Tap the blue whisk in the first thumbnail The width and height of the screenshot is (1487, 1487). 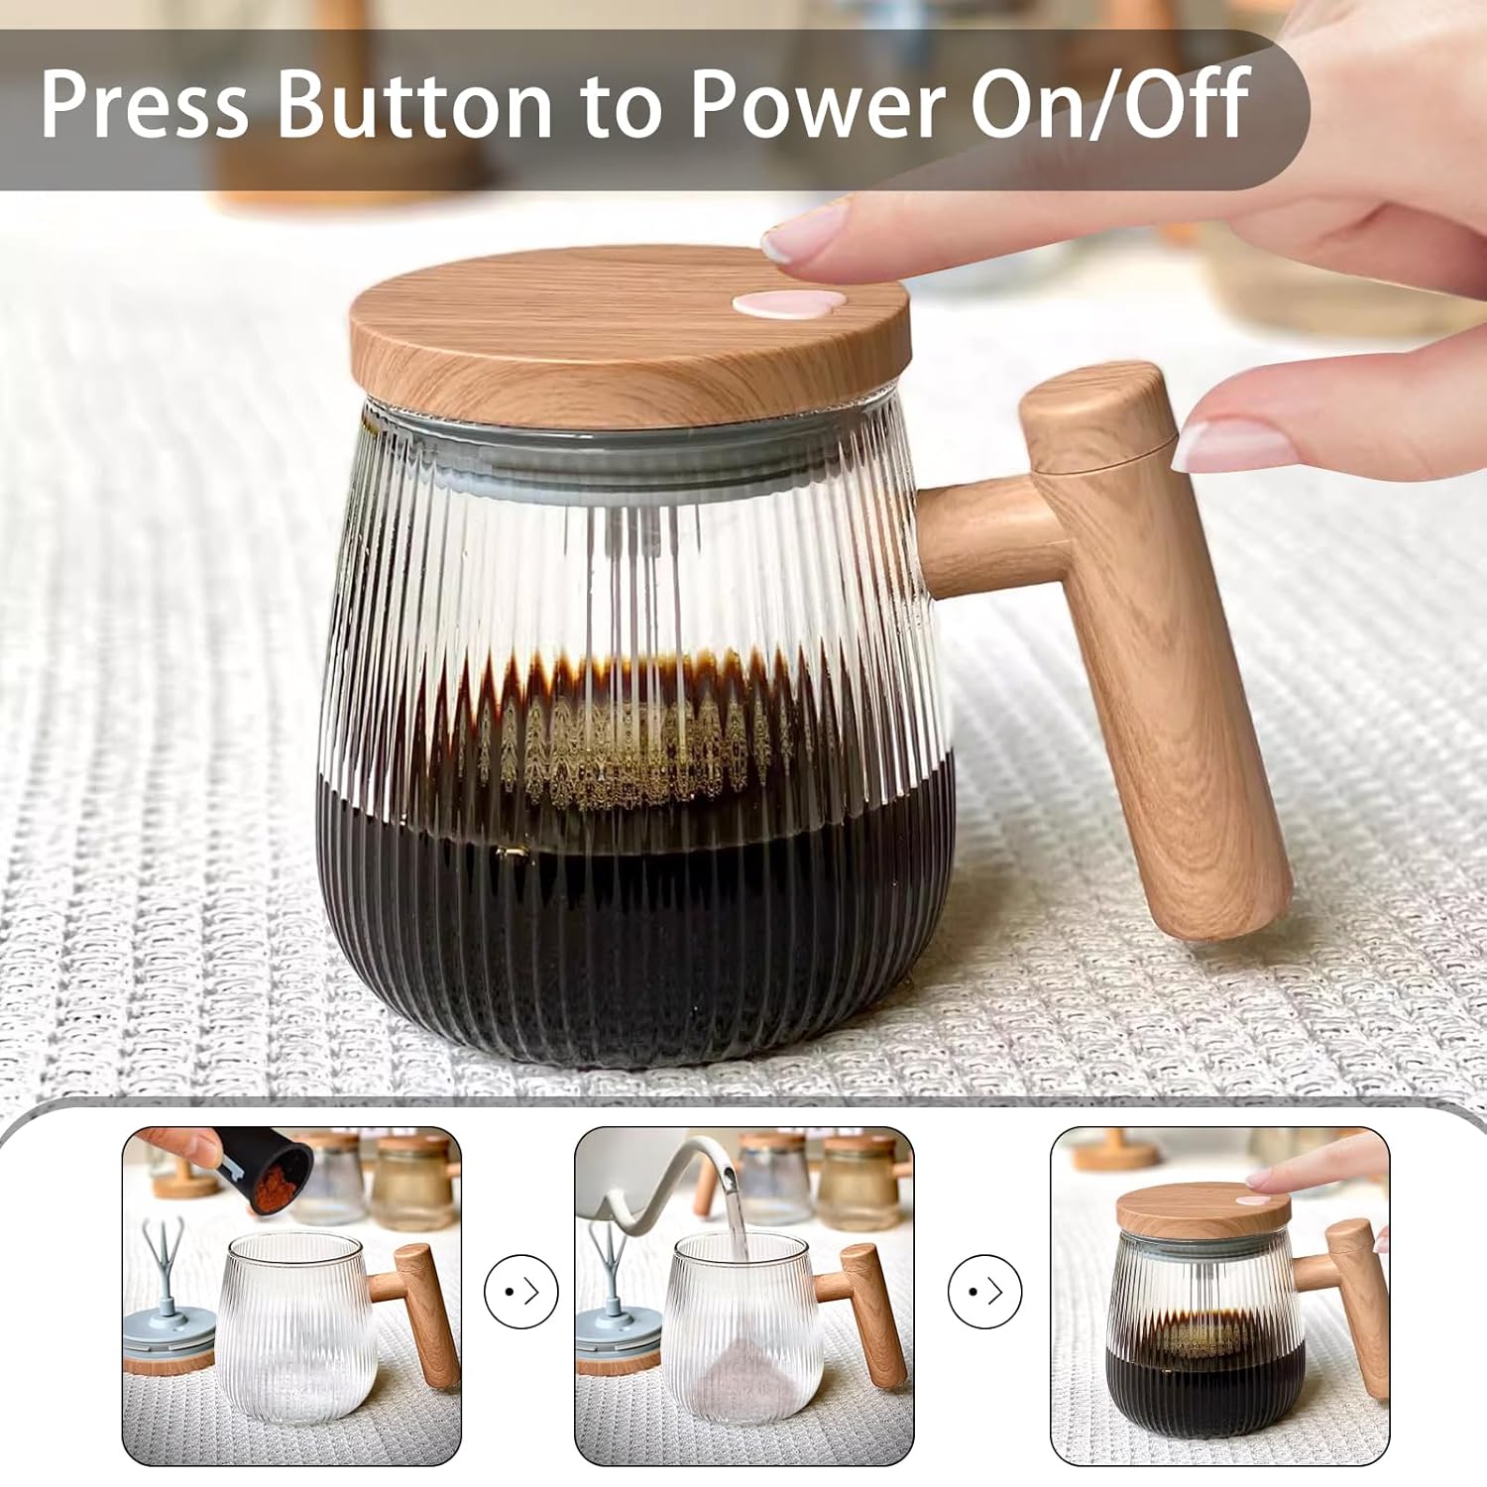tap(163, 1259)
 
